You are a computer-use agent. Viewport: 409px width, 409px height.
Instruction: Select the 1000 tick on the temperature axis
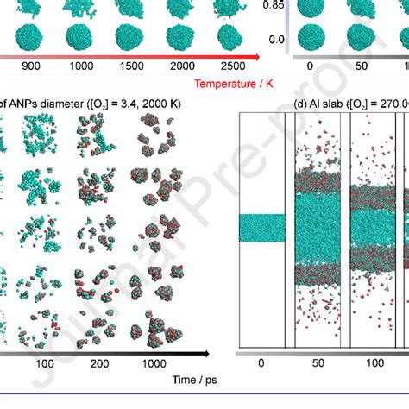(x=79, y=66)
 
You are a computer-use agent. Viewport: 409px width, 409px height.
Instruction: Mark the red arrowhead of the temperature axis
(x=255, y=57)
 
